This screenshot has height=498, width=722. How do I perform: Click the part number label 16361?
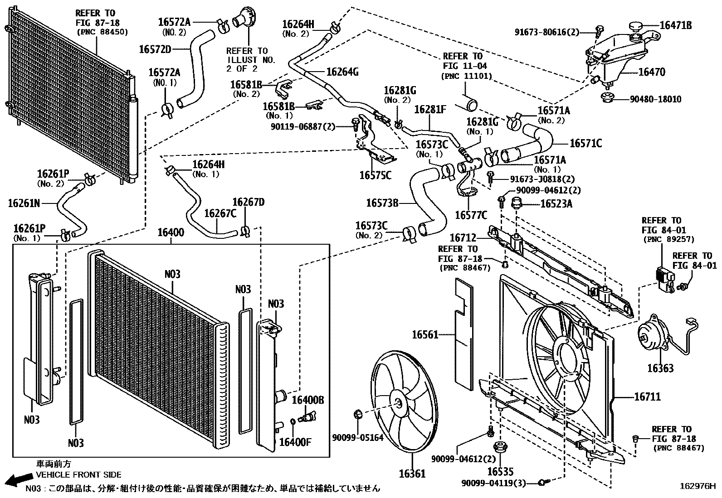click(412, 474)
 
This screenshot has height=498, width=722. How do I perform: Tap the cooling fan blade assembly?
click(402, 401)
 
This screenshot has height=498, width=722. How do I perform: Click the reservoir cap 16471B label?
click(675, 25)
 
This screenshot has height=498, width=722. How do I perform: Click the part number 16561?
click(425, 335)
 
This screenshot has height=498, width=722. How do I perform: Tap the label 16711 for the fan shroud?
click(647, 397)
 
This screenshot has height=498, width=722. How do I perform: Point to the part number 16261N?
click(24, 203)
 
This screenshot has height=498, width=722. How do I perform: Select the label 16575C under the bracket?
click(375, 175)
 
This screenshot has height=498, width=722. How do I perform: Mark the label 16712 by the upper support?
click(463, 237)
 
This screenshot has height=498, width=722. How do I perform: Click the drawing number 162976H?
click(698, 487)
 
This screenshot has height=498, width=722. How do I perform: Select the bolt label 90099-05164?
click(357, 437)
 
